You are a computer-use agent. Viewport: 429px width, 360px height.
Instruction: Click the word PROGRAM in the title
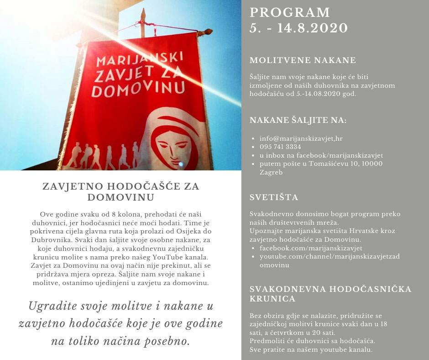tap(290, 12)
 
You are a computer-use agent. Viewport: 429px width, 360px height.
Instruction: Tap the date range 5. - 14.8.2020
tap(298, 28)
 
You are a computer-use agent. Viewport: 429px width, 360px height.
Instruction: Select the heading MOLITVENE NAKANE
tap(303, 60)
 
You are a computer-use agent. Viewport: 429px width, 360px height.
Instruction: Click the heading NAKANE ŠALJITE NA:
tap(298, 121)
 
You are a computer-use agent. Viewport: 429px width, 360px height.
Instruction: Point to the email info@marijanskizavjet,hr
tap(301, 139)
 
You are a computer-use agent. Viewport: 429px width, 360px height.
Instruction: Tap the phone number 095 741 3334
tap(280, 147)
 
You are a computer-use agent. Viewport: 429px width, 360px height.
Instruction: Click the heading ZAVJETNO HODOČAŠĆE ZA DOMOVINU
tap(120, 191)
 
